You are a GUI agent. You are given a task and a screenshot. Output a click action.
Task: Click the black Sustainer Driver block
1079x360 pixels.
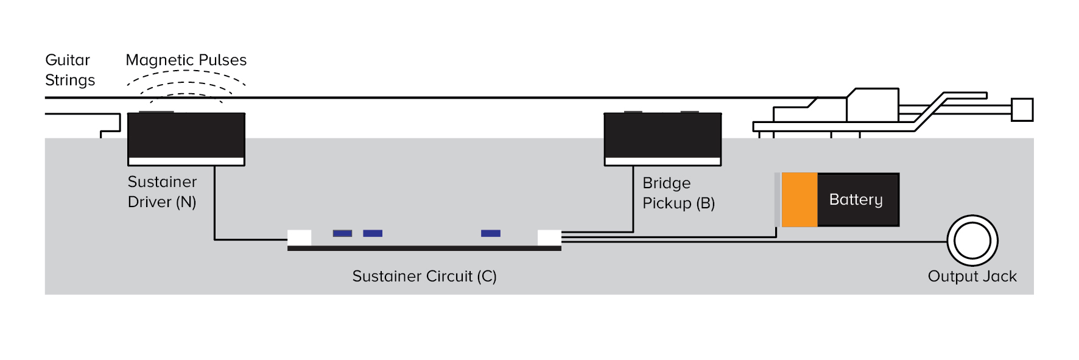point(186,135)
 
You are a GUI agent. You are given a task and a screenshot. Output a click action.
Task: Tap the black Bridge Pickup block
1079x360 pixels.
point(663,135)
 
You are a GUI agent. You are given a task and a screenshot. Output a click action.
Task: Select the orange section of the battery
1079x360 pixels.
point(799,200)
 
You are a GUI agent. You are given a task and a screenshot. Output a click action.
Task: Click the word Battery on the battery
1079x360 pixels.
point(856,200)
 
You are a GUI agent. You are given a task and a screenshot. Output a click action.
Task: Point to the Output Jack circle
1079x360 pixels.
point(972,241)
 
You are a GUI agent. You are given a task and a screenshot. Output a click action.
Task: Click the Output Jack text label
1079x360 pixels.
point(972,277)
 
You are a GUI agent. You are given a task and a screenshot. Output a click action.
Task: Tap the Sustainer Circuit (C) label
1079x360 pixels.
point(424,277)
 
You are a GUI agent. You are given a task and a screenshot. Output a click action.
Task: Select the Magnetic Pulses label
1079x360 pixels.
point(186,60)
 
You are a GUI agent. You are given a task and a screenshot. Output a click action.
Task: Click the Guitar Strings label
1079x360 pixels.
point(69,70)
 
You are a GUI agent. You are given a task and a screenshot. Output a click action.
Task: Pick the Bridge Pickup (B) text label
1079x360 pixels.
point(678,193)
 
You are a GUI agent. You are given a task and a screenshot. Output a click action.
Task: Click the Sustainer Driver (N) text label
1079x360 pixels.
point(162,192)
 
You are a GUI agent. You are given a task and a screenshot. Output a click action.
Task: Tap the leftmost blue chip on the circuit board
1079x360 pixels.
point(342,233)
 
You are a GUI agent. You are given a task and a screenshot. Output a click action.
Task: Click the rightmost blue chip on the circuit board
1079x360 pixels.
point(490,233)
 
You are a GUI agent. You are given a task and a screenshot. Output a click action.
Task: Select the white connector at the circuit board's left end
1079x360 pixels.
point(299,238)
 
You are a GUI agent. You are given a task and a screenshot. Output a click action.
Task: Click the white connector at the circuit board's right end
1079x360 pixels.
point(549,238)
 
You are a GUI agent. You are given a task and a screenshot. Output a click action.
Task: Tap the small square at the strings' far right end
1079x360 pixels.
point(1022,110)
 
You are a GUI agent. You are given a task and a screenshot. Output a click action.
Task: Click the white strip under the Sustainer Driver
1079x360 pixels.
point(186,161)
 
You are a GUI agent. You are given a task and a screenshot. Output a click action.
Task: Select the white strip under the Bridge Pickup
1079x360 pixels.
point(663,161)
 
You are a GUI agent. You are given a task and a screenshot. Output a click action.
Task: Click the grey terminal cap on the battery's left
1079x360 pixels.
point(778,200)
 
